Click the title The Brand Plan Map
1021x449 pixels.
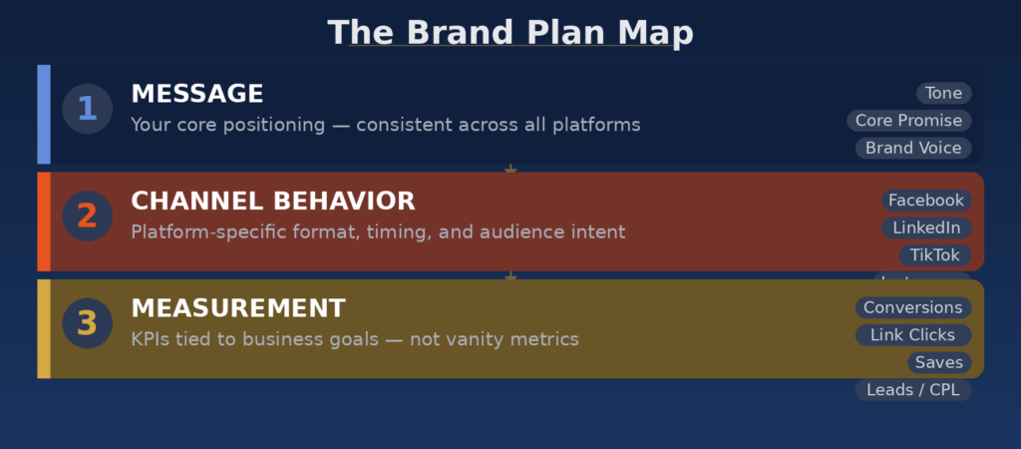[510, 33]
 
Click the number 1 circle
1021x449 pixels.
[87, 109]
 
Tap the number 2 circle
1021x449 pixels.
[87, 216]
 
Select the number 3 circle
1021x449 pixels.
[87, 323]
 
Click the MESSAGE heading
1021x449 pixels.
[197, 94]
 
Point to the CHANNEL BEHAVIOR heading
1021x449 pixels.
[272, 202]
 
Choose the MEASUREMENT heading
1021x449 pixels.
[238, 308]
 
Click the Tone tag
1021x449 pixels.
[943, 94]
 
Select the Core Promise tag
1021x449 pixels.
[908, 121]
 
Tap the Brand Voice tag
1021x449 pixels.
[913, 148]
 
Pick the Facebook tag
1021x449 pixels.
[926, 201]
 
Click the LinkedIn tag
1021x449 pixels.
[926, 228]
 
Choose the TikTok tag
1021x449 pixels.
[934, 255]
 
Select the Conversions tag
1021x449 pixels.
[912, 308]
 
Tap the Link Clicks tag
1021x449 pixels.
[912, 335]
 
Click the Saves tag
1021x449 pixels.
[938, 362]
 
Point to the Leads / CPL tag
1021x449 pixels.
[912, 390]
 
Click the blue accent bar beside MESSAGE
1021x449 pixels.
[44, 114]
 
